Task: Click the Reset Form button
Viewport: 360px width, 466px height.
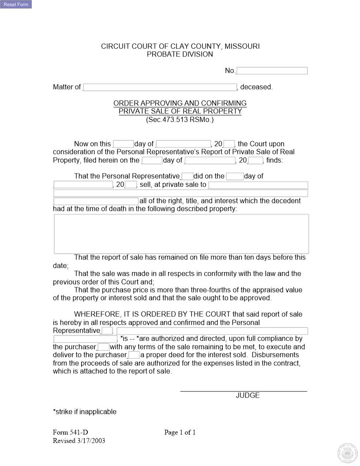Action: [x=16, y=4]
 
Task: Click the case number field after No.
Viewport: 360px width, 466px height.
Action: [x=272, y=71]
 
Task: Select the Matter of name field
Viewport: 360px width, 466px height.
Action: [x=160, y=87]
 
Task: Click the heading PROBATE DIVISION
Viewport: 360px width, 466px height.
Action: [x=180, y=54]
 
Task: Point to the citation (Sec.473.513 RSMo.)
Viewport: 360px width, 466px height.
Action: [x=180, y=120]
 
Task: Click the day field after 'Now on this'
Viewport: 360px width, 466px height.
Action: [x=123, y=144]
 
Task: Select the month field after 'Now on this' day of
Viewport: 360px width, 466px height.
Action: [x=184, y=144]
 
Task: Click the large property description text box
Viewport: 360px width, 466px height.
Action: [x=181, y=234]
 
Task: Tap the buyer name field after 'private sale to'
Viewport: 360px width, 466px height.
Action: [x=258, y=185]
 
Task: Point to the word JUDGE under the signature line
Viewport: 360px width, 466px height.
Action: [x=247, y=395]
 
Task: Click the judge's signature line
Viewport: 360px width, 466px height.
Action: [x=244, y=391]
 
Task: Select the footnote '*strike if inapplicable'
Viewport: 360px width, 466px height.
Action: [x=85, y=412]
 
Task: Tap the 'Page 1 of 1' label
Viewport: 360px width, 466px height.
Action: [x=180, y=432]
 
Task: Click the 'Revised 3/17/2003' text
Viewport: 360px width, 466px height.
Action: [x=79, y=441]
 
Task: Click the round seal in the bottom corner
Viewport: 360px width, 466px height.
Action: [x=346, y=453]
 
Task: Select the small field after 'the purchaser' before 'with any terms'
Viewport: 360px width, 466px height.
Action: [x=103, y=347]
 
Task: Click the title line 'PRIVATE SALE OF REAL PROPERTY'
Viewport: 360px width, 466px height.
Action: [x=180, y=111]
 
